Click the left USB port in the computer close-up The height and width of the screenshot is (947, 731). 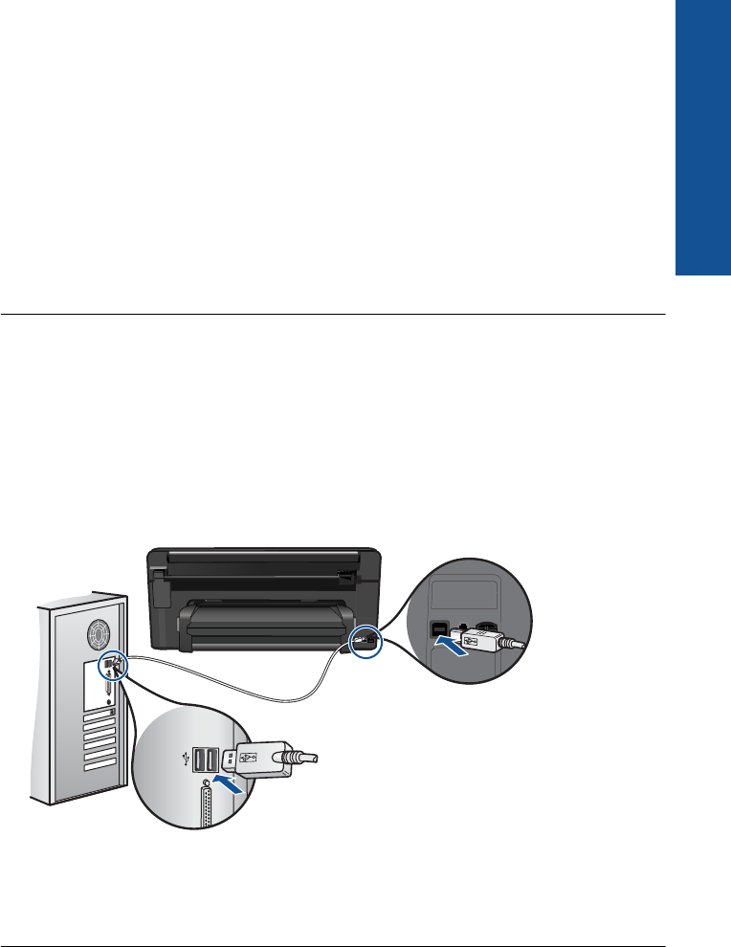click(x=199, y=760)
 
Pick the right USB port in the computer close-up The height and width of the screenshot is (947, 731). click(x=212, y=760)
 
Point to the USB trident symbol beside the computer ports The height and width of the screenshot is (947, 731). click(x=183, y=760)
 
